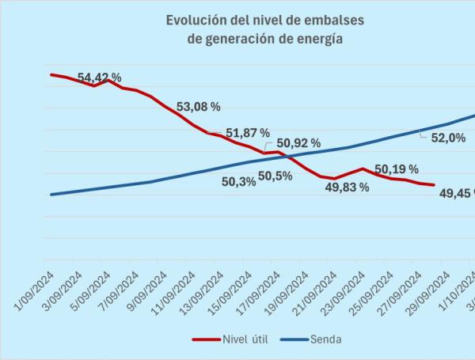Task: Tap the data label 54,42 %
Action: point(100,78)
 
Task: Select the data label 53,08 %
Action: point(198,106)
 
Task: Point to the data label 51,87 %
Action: point(248,133)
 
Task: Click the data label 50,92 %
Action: point(298,143)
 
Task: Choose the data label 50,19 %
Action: point(397,169)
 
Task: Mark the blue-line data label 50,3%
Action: point(237,182)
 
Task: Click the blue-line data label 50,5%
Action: point(275,176)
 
